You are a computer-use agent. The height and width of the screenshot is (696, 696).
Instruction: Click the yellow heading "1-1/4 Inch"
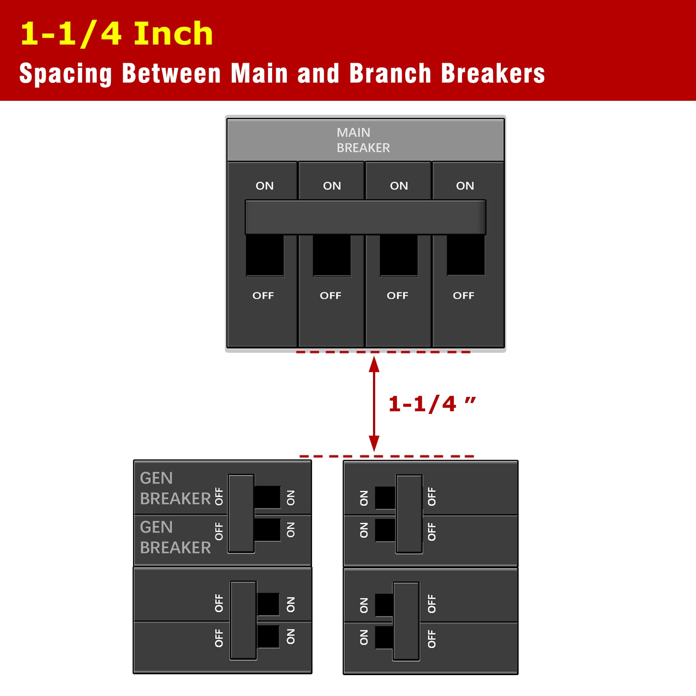pyautogui.click(x=117, y=33)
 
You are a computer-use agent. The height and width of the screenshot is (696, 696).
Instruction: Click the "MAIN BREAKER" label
pyautogui.click(x=363, y=140)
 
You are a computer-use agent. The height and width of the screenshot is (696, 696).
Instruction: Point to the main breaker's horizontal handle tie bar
pyautogui.click(x=366, y=217)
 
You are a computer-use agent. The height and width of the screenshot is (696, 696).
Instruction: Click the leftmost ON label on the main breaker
pyautogui.click(x=265, y=186)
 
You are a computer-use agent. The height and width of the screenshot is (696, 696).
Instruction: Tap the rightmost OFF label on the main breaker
pyautogui.click(x=463, y=296)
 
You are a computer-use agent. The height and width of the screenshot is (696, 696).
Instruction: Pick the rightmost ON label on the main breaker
pyautogui.click(x=465, y=186)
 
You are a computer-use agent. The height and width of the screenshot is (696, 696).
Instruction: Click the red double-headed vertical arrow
pyautogui.click(x=374, y=404)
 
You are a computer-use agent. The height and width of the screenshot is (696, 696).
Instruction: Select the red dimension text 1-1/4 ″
pyautogui.click(x=432, y=404)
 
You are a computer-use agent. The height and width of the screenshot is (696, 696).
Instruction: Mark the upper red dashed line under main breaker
pyautogui.click(x=383, y=352)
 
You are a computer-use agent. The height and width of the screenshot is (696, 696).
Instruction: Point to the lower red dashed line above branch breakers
pyautogui.click(x=387, y=456)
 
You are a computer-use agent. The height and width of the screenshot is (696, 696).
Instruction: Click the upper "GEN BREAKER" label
pyautogui.click(x=176, y=488)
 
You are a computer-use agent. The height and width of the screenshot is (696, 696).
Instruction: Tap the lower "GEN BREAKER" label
pyautogui.click(x=176, y=537)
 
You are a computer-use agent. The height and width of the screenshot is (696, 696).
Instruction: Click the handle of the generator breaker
pyautogui.click(x=241, y=513)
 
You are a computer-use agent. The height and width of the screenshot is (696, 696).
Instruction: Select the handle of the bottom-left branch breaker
pyautogui.click(x=243, y=620)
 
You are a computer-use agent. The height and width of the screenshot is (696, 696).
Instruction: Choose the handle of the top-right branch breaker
pyautogui.click(x=409, y=514)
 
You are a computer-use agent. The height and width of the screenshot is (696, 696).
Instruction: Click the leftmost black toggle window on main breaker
pyautogui.click(x=265, y=256)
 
